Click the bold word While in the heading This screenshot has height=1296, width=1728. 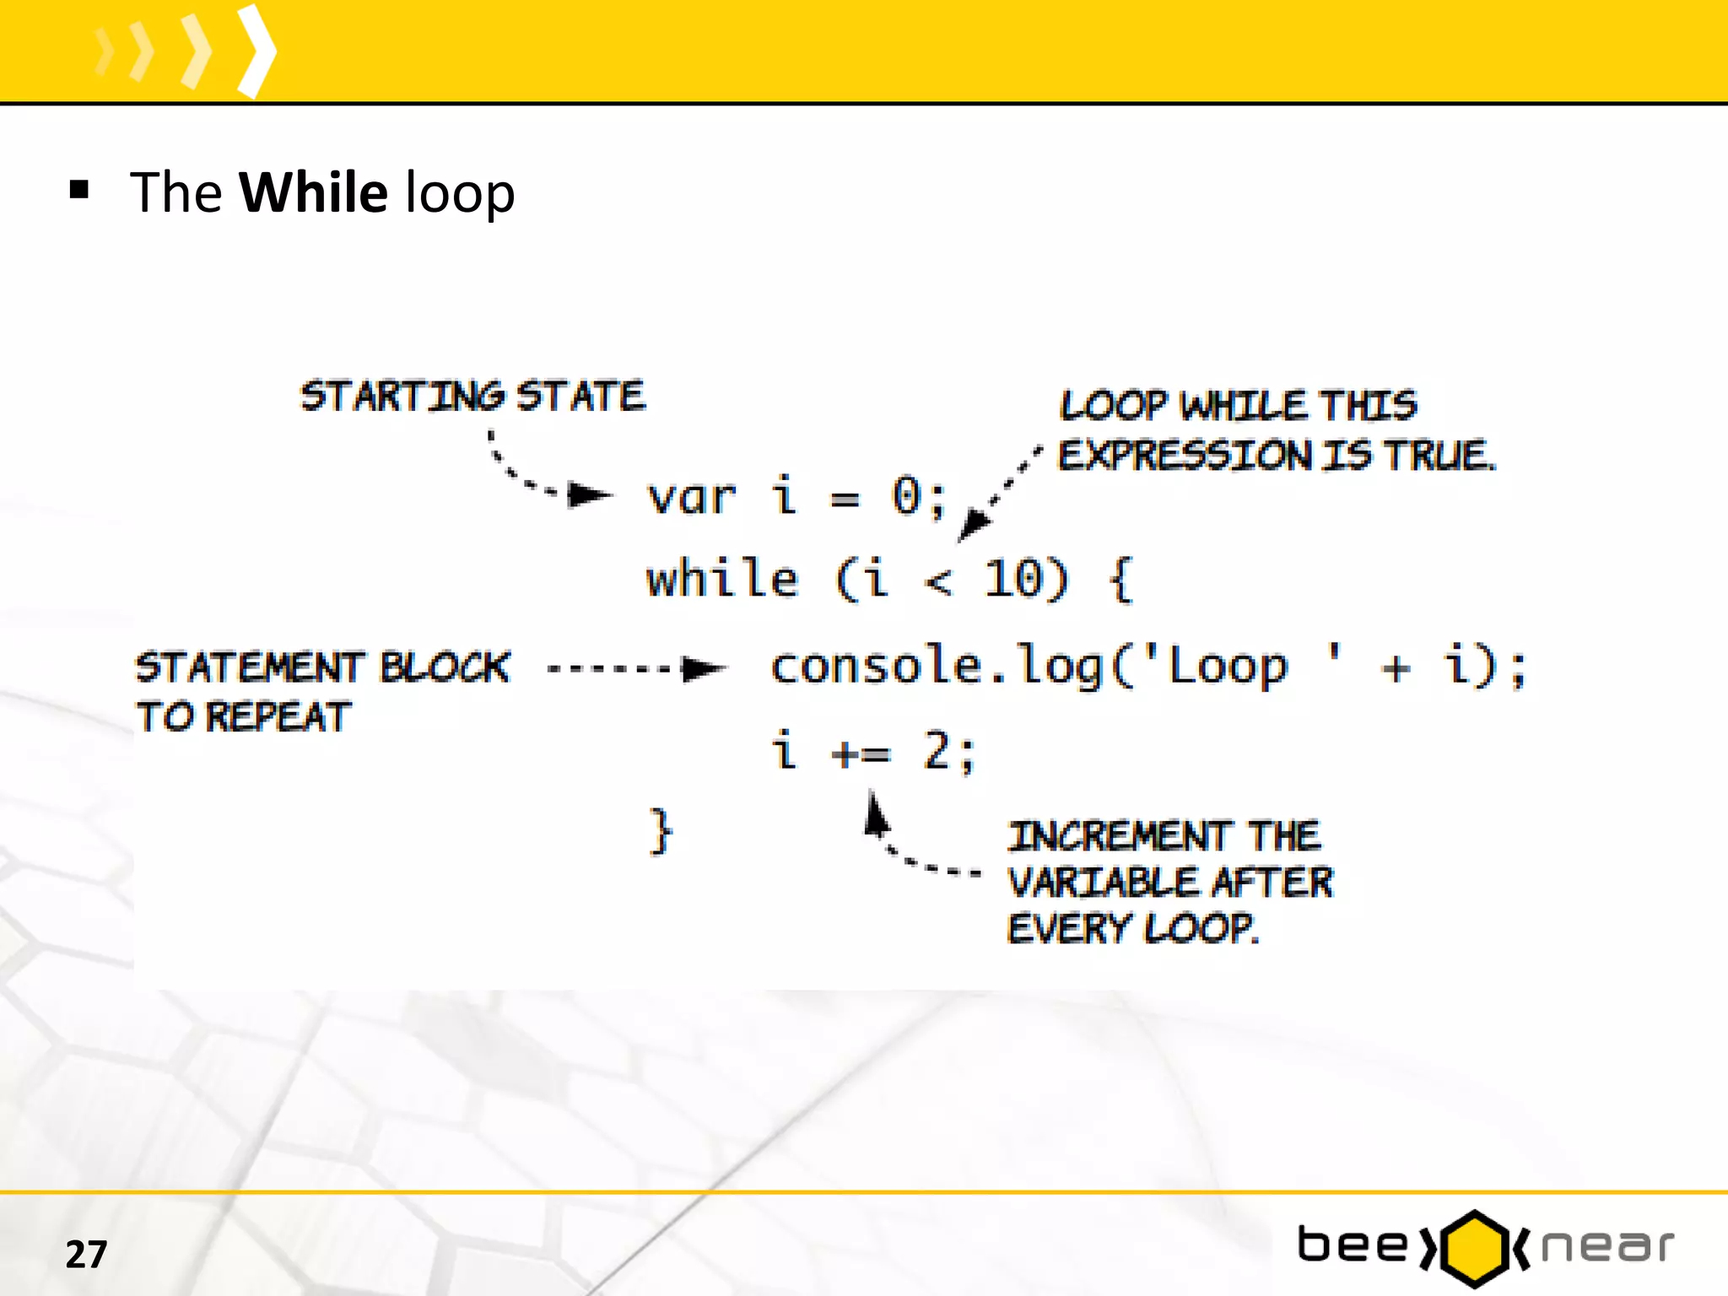coord(314,192)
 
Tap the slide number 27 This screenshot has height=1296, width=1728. coord(86,1255)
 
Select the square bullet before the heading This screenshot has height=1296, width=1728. coord(79,190)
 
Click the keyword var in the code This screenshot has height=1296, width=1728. coord(692,497)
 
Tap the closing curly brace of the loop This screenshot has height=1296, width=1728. coord(661,832)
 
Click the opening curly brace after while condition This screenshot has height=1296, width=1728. coord(1120,580)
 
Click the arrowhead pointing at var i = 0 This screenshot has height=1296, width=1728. coord(589,494)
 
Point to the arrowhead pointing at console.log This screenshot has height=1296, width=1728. coord(704,669)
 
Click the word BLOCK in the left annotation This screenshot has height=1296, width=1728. coord(445,667)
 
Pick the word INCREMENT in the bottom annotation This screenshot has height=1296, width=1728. coord(1120,836)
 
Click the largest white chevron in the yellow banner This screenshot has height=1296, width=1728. coord(256,51)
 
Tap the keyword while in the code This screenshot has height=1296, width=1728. coord(722,580)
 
